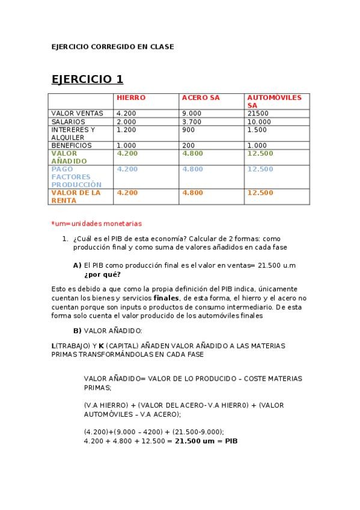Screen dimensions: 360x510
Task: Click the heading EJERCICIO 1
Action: [87, 79]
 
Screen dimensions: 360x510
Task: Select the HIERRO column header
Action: [131, 97]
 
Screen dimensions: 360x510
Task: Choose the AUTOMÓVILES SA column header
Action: [270, 101]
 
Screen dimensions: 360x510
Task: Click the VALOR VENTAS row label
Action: [77, 113]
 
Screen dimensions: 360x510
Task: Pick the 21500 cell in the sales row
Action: [257, 113]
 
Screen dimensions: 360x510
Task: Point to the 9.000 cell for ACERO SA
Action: [192, 113]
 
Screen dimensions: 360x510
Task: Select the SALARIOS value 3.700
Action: [192, 121]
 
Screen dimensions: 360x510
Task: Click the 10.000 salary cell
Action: [259, 121]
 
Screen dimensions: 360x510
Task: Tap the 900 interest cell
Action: [188, 129]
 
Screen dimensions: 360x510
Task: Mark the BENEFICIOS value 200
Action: [188, 146]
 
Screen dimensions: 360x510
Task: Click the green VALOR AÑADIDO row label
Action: [69, 157]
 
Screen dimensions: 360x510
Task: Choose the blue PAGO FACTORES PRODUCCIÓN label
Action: [76, 177]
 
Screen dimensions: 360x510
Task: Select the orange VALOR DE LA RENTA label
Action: [76, 197]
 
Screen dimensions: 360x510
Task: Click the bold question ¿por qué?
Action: [102, 275]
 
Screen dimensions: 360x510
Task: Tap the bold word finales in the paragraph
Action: [166, 298]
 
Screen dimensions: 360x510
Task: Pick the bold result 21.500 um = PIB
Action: [206, 441]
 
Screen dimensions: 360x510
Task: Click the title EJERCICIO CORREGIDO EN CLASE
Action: [112, 47]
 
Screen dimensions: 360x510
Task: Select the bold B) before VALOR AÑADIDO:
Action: [77, 331]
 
